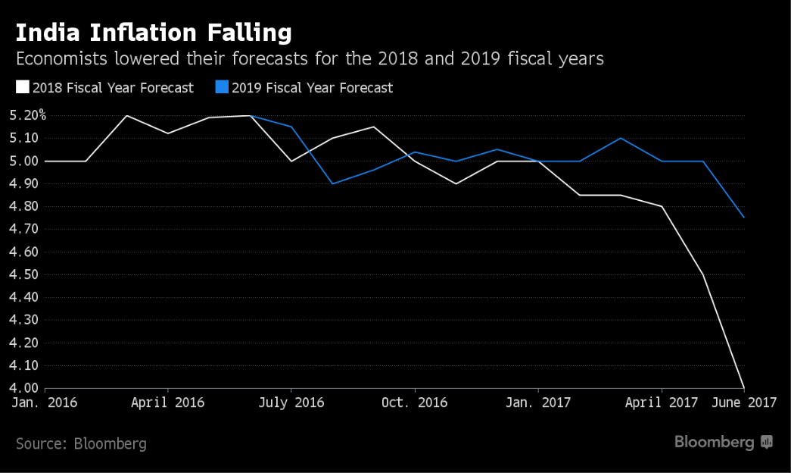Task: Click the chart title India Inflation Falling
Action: tap(154, 33)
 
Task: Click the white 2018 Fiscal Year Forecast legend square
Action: tap(22, 87)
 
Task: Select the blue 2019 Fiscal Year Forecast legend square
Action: tap(223, 87)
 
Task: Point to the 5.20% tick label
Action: tap(28, 115)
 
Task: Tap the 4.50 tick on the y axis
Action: tap(25, 274)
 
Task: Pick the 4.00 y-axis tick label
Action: tap(25, 388)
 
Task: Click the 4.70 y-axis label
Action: tap(25, 229)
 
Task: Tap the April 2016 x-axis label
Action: tap(167, 403)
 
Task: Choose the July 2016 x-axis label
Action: tap(291, 403)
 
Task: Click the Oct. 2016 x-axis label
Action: tap(415, 403)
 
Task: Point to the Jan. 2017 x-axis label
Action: tap(538, 403)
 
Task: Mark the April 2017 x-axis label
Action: tap(662, 403)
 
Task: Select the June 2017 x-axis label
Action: tap(743, 403)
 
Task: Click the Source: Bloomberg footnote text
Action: tap(81, 443)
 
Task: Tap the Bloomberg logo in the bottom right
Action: tap(723, 442)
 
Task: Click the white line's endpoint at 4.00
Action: tap(745, 387)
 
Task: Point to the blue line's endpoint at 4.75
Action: tap(745, 218)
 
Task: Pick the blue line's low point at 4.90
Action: tap(333, 183)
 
